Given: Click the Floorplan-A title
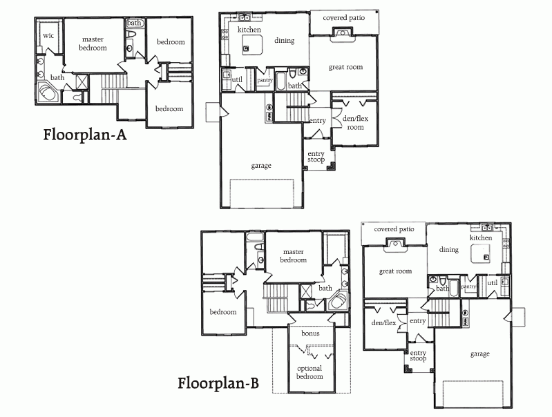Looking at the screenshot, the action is tap(85, 135).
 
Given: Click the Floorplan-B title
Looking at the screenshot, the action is tap(218, 383).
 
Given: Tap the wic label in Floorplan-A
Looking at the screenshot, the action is tap(48, 35).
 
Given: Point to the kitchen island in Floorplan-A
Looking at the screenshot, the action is tap(253, 45).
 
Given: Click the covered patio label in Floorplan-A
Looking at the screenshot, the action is tap(343, 18).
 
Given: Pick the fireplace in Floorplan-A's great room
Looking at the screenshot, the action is tap(341, 35).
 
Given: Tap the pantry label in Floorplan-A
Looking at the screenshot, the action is tap(265, 80).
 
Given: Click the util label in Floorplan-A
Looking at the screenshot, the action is tap(237, 79).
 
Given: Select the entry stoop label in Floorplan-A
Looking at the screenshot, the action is tap(316, 157).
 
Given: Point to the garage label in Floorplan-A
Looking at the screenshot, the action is tap(261, 166).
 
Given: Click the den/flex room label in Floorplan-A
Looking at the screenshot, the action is tap(355, 123).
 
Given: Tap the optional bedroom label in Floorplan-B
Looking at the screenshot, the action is tap(310, 372).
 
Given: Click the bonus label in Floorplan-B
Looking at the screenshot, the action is tap(310, 333).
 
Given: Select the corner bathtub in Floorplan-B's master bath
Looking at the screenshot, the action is tap(338, 301).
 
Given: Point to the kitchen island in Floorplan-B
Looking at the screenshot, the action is tap(482, 253).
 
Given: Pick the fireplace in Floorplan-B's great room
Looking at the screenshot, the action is tap(395, 245).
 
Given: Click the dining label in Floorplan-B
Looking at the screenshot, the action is tap(449, 250).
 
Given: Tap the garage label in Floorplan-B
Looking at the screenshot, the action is tap(480, 354).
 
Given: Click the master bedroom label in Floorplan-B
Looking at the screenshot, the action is tap(293, 256).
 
